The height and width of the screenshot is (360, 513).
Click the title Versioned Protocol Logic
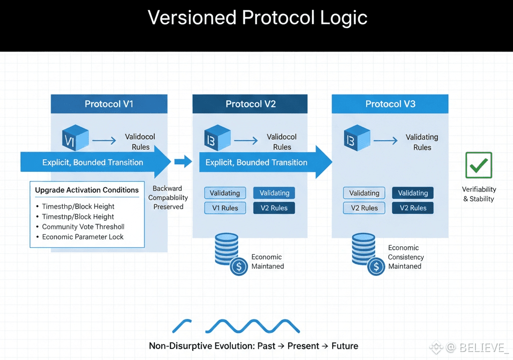(x=258, y=18)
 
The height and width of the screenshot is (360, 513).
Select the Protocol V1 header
(x=109, y=104)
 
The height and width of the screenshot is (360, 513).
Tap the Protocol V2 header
(x=250, y=104)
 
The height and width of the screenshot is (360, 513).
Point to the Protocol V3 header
(x=390, y=104)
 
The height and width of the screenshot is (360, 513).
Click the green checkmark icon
(x=479, y=165)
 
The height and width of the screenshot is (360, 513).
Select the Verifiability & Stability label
(x=479, y=194)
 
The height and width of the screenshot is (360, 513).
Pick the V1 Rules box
(x=225, y=208)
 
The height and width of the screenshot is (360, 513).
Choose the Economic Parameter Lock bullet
(x=83, y=237)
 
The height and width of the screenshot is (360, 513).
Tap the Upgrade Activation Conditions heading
(x=87, y=190)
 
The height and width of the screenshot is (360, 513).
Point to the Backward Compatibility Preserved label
(x=168, y=198)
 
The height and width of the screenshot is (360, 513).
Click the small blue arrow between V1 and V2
(x=183, y=161)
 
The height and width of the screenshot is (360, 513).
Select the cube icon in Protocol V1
(x=75, y=138)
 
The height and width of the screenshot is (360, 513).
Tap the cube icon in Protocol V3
(x=357, y=138)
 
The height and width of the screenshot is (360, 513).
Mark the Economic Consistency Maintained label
(x=406, y=257)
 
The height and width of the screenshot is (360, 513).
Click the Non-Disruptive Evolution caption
(x=253, y=346)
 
